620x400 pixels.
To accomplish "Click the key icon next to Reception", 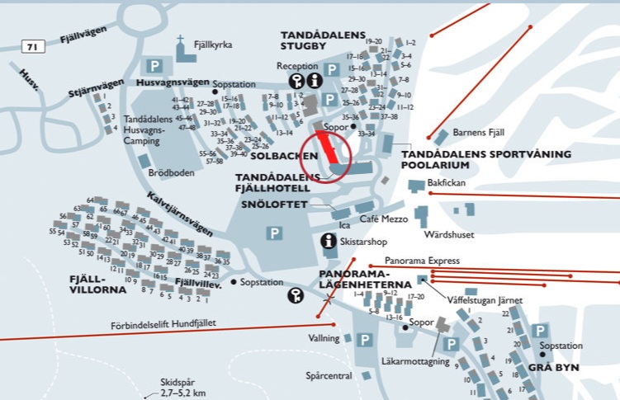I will [297, 80].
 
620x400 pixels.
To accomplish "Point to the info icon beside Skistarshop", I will [329, 241].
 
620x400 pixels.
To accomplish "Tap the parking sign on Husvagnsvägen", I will [154, 64].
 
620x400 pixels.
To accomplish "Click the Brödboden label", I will [170, 173].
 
